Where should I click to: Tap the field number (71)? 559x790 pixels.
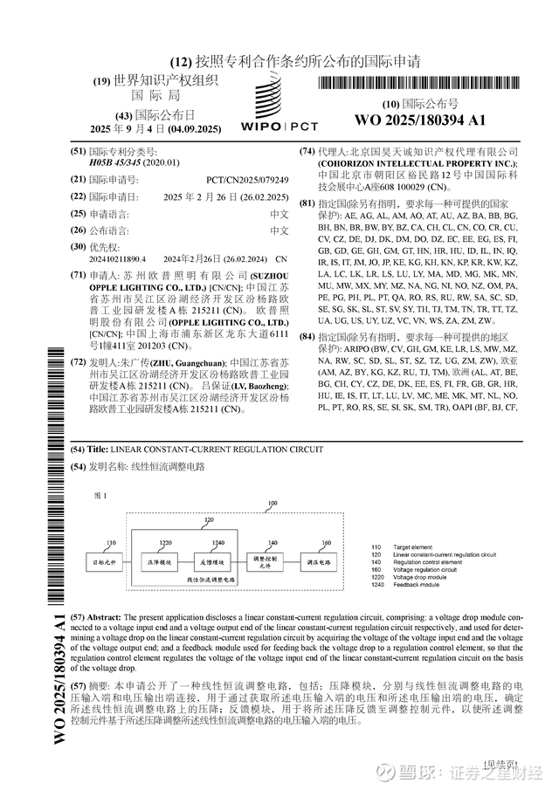click(78, 274)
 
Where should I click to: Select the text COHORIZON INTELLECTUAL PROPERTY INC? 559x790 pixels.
click(418, 163)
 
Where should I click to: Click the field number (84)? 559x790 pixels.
click(307, 336)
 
